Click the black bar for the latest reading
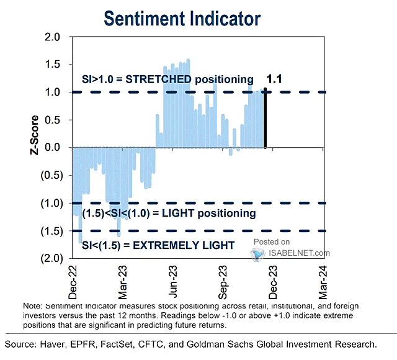[x=265, y=117]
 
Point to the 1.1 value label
[x=274, y=79]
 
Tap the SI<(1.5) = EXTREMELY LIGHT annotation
[x=158, y=245]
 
